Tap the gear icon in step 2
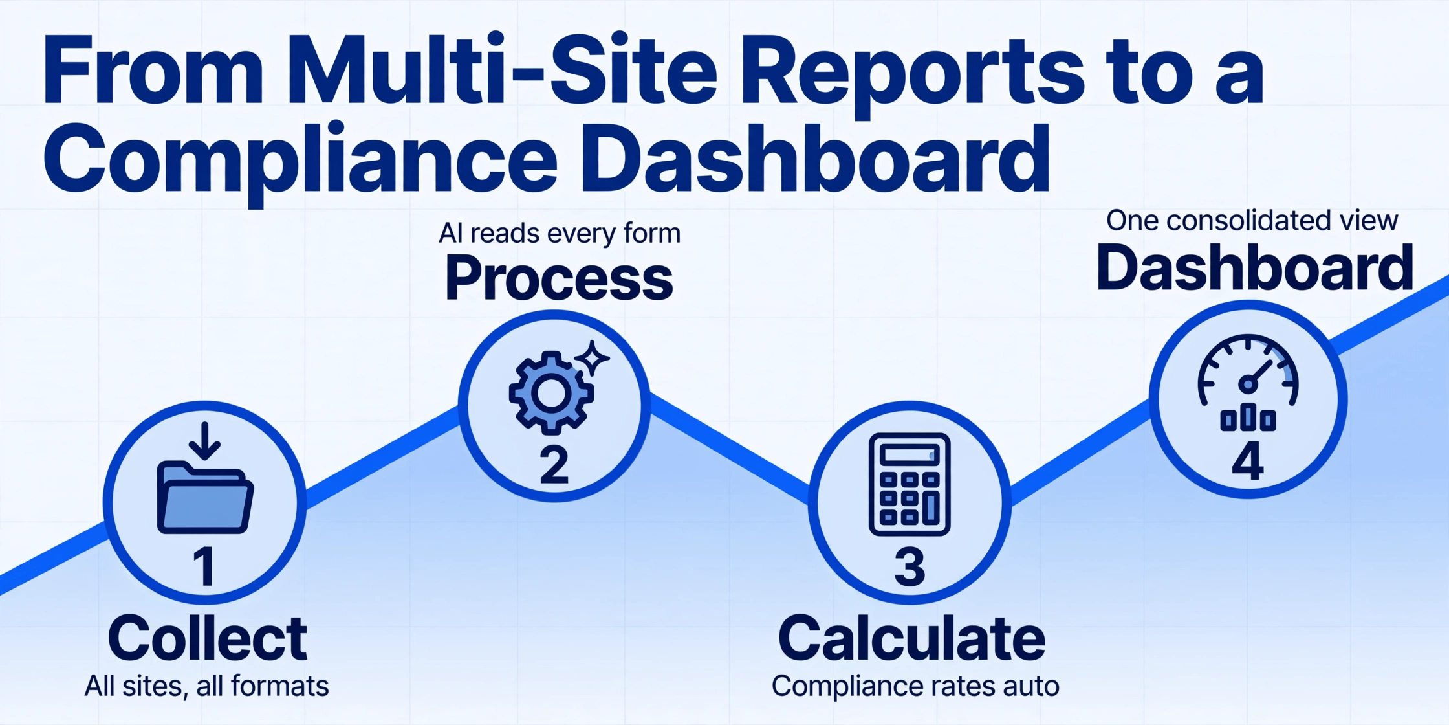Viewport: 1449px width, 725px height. pos(551,393)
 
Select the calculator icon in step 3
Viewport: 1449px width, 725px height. pos(910,484)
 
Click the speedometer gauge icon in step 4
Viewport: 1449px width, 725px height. pos(1248,383)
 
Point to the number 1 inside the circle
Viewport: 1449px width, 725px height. pos(204,566)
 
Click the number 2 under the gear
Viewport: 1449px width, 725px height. pos(554,465)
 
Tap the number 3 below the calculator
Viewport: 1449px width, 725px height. pos(910,566)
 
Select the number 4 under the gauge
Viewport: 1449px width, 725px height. pos(1248,462)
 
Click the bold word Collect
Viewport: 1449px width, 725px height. pos(207,638)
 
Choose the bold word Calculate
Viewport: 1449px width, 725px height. pos(911,638)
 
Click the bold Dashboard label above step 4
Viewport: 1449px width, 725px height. pos(1254,267)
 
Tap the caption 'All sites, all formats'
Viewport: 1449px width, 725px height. pos(206,686)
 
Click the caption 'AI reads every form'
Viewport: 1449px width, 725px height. pos(560,233)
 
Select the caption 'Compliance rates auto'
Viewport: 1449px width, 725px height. pos(915,686)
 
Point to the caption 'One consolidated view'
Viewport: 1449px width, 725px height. pos(1252,220)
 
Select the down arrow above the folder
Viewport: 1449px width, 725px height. pos(205,441)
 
